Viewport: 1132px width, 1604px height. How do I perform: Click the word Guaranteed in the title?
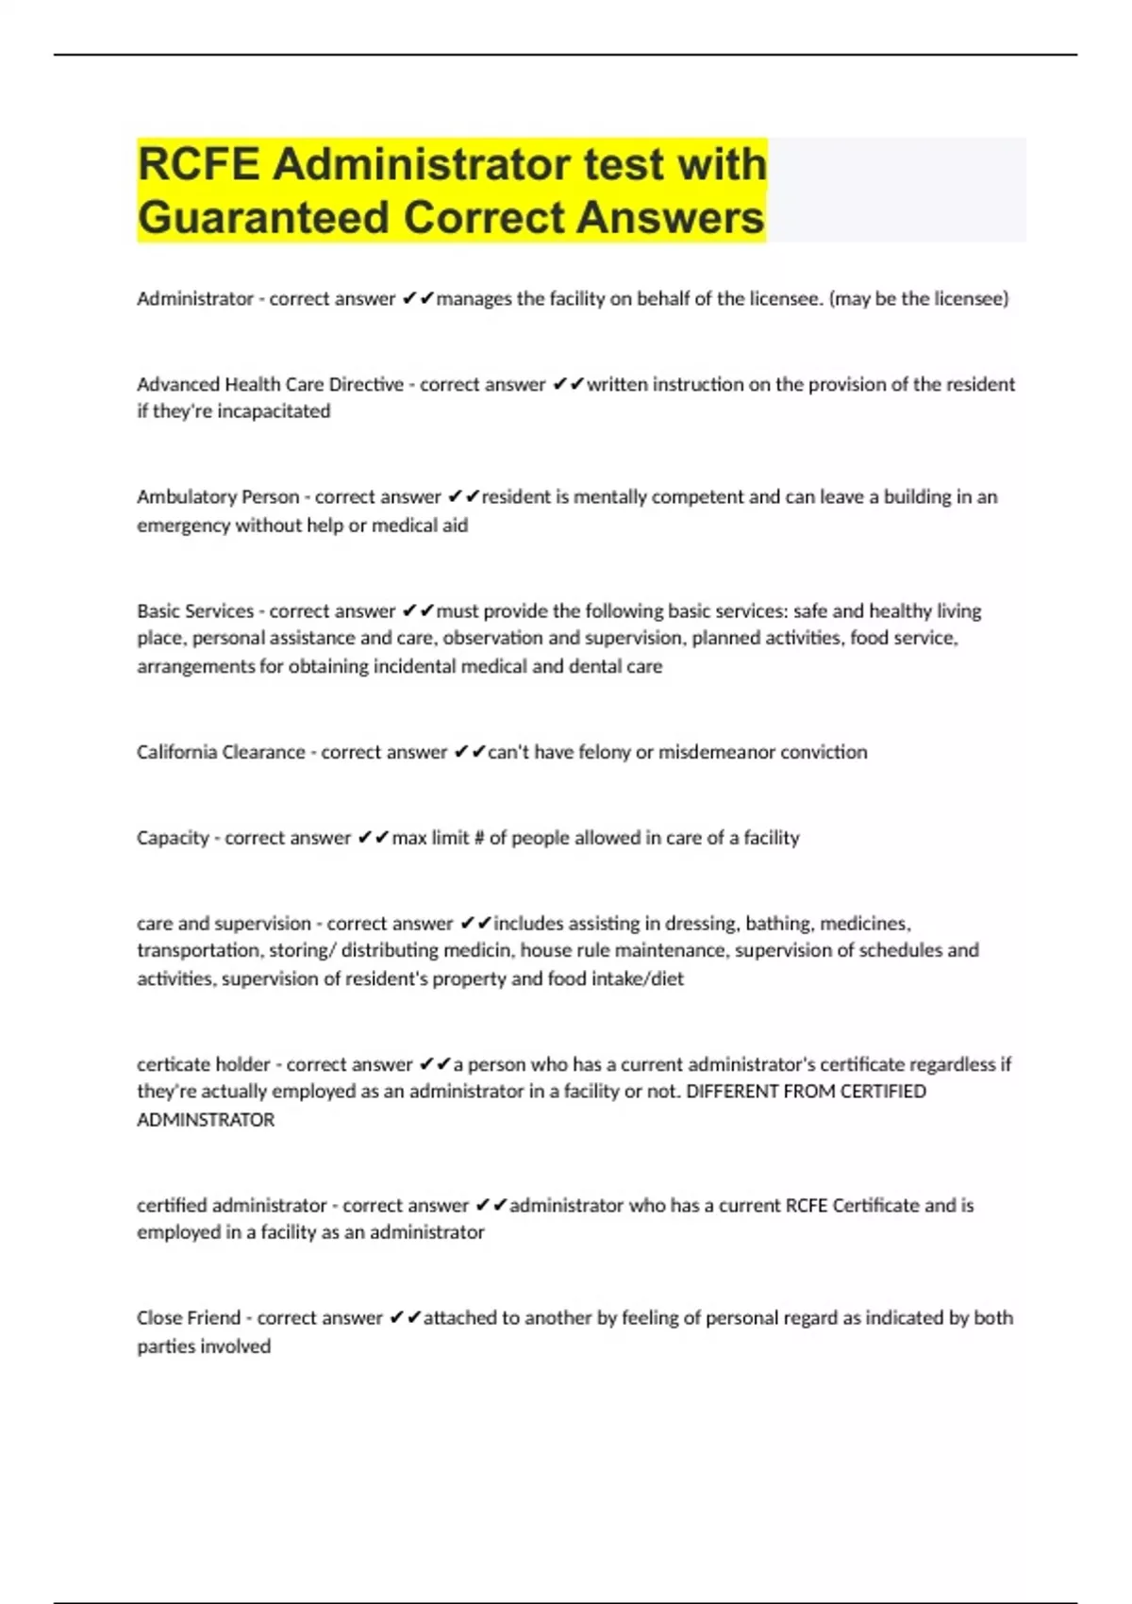[x=265, y=217]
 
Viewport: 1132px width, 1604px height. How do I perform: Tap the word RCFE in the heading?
[x=198, y=164]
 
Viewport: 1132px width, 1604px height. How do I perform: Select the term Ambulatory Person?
[x=218, y=497]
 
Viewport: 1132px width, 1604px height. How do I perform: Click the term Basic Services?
[x=195, y=611]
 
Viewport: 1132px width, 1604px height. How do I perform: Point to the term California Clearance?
[x=221, y=752]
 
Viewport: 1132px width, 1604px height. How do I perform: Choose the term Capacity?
[x=173, y=838]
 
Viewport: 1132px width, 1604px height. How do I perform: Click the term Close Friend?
[x=189, y=1318]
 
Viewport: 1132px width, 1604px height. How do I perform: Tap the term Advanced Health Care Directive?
[x=270, y=385]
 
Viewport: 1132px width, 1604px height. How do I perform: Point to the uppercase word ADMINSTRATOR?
[x=206, y=1120]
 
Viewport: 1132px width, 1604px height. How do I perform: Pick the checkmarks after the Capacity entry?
[x=374, y=838]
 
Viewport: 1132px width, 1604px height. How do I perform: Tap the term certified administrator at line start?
[x=232, y=1206]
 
